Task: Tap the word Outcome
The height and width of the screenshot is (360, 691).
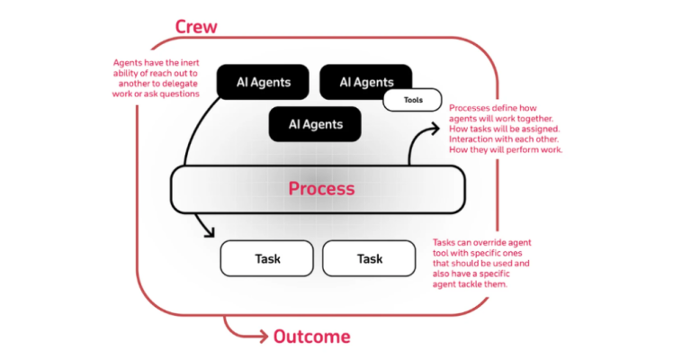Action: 311,337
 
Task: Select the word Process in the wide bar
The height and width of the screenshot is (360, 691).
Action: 321,189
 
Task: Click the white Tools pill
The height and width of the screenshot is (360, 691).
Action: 413,100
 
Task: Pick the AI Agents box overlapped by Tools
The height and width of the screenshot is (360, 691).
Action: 365,82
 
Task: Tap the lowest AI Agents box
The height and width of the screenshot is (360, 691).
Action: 315,123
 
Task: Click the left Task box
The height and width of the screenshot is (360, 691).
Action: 267,258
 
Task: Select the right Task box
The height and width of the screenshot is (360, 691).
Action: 369,258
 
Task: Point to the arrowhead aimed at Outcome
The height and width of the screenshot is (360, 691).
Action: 262,337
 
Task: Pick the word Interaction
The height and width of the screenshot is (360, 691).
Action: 475,139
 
